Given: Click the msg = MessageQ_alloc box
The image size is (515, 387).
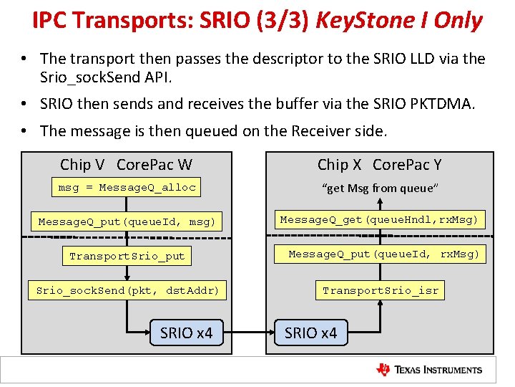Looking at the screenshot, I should pos(127,188).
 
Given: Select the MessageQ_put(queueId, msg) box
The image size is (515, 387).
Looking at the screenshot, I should pos(127,222).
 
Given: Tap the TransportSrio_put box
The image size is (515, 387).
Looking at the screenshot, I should pos(127,256).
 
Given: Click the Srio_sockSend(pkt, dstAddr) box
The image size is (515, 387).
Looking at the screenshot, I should pos(127,290).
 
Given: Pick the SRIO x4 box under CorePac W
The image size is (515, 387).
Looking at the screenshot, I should pos(186,333).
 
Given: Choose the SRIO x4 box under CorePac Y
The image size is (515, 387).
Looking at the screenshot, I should pos(310,333).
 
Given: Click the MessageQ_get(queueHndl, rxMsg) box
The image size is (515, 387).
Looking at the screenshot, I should pos(379,219).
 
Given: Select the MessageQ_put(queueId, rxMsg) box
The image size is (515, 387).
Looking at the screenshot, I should pos(384,254).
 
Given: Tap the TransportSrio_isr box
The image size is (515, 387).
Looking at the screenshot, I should pos(380,290).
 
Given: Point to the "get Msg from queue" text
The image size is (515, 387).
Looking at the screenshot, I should pos(380,188).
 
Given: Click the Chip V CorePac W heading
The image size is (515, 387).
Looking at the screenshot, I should pos(126,165).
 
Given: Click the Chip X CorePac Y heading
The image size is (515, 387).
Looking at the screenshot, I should pos(379,165).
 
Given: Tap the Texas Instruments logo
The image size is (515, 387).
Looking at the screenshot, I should pos(429,370).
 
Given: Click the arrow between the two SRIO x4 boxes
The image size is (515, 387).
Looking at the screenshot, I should pos(248,333).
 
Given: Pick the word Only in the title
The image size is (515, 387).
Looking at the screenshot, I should pos(458,21).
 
